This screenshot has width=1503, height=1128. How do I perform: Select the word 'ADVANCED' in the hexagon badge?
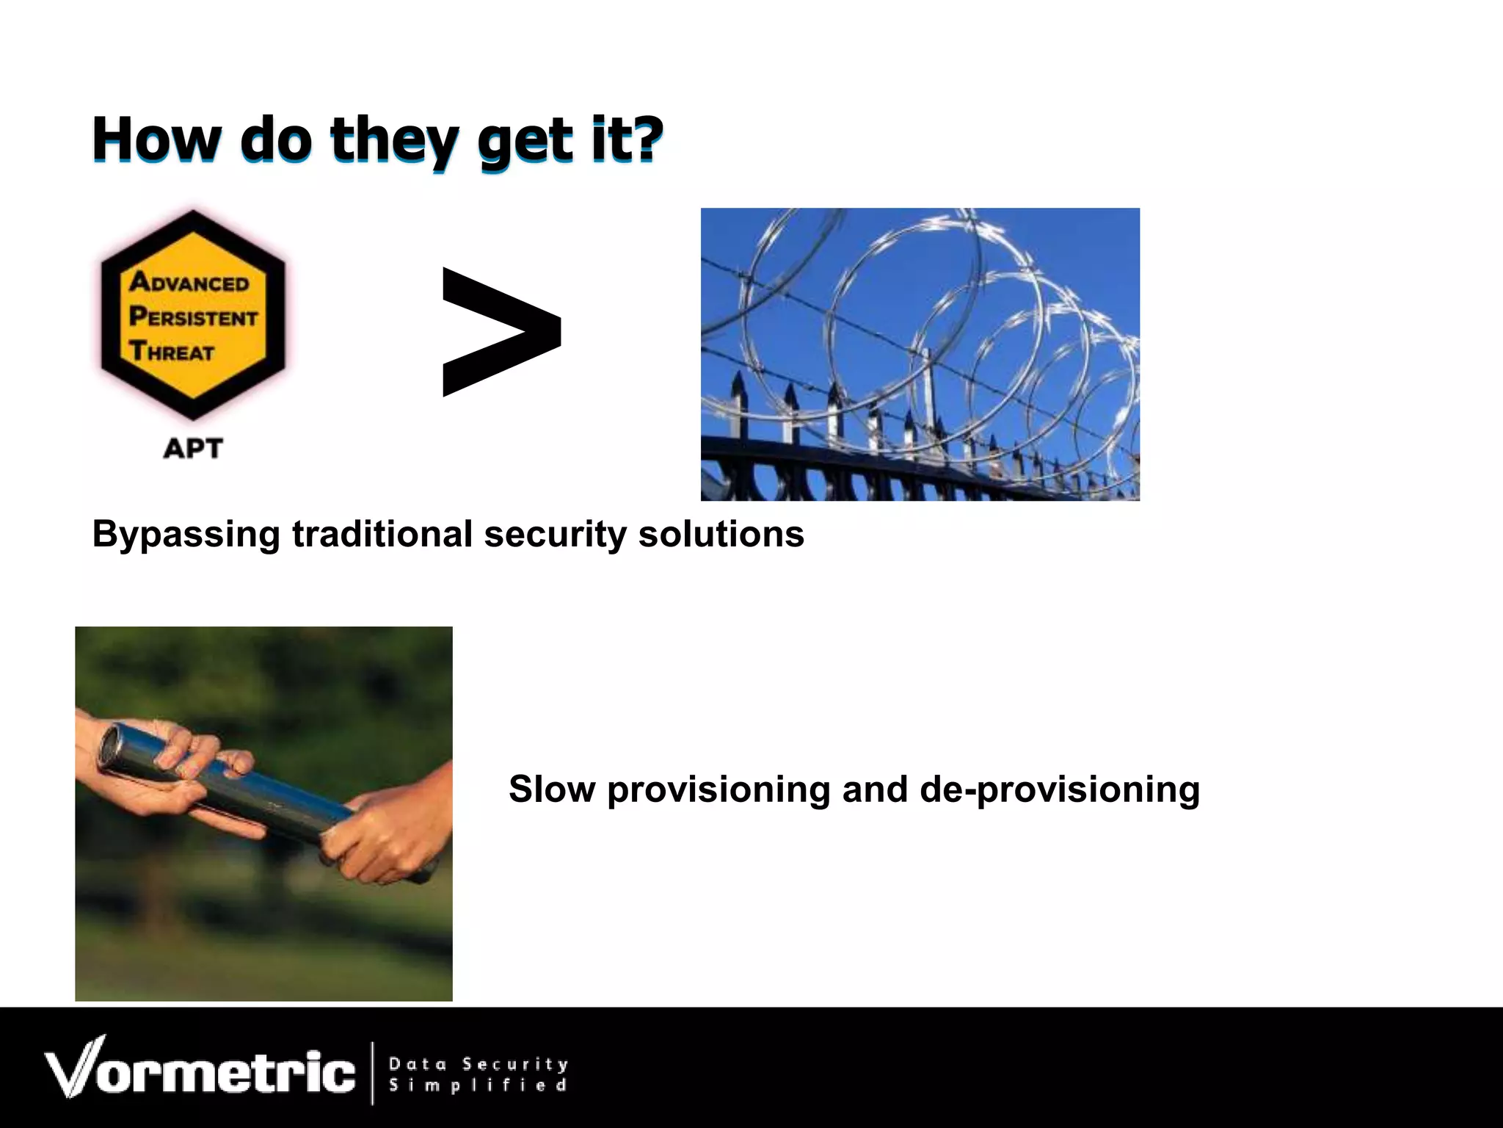pos(189,282)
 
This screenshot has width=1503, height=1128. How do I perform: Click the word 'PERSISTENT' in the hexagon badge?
pos(194,317)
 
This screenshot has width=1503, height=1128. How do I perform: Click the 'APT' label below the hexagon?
pos(192,448)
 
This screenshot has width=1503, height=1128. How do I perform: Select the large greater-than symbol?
pos(502,332)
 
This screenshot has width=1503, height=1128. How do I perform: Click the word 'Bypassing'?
pos(186,534)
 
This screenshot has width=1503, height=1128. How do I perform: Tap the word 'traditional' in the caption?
pos(382,534)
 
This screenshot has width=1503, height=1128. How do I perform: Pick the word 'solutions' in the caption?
pos(721,534)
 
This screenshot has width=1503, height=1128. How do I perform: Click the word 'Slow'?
pos(552,789)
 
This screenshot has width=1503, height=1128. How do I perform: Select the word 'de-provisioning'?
pos(1059,789)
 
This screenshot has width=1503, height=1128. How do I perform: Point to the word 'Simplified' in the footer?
pos(477,1085)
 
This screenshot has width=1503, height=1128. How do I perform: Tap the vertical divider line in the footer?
pos(372,1072)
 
